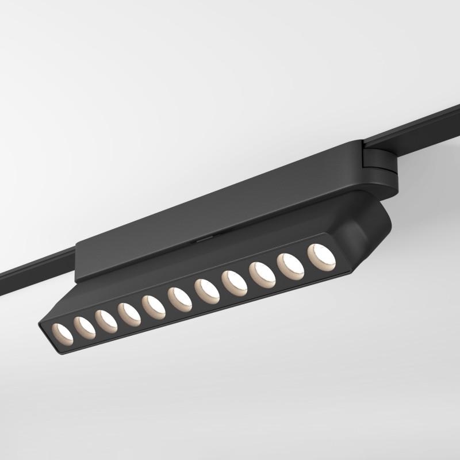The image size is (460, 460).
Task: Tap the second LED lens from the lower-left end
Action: (x=84, y=326)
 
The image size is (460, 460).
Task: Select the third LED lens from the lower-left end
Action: (x=106, y=320)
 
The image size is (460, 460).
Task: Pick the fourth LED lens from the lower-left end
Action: (x=129, y=314)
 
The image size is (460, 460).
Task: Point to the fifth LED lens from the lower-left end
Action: (x=154, y=306)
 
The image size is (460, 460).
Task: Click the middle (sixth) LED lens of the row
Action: (x=179, y=299)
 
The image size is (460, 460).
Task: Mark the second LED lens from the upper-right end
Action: (x=291, y=266)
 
